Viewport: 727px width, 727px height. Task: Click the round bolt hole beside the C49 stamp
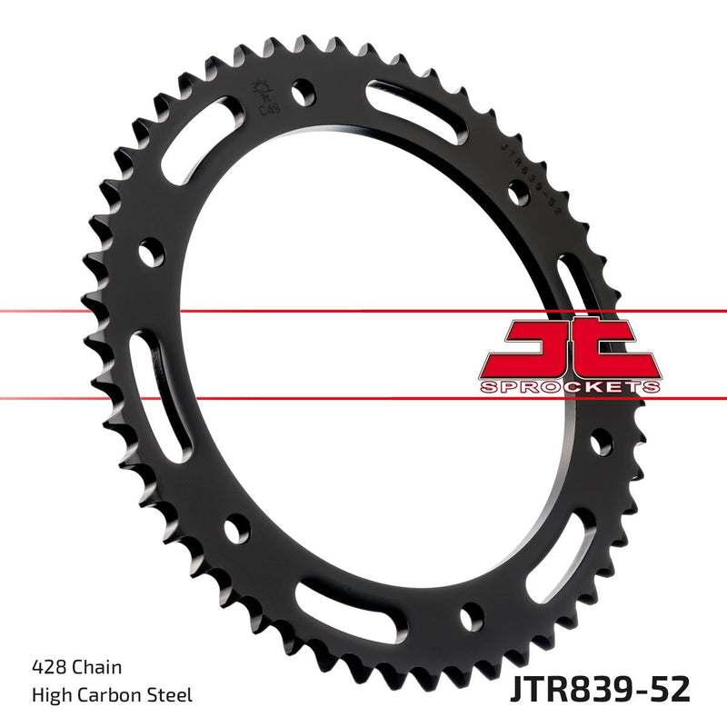[304, 92]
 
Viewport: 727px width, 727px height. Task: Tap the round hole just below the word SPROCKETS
[600, 443]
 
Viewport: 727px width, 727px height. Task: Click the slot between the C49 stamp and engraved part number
[418, 109]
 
